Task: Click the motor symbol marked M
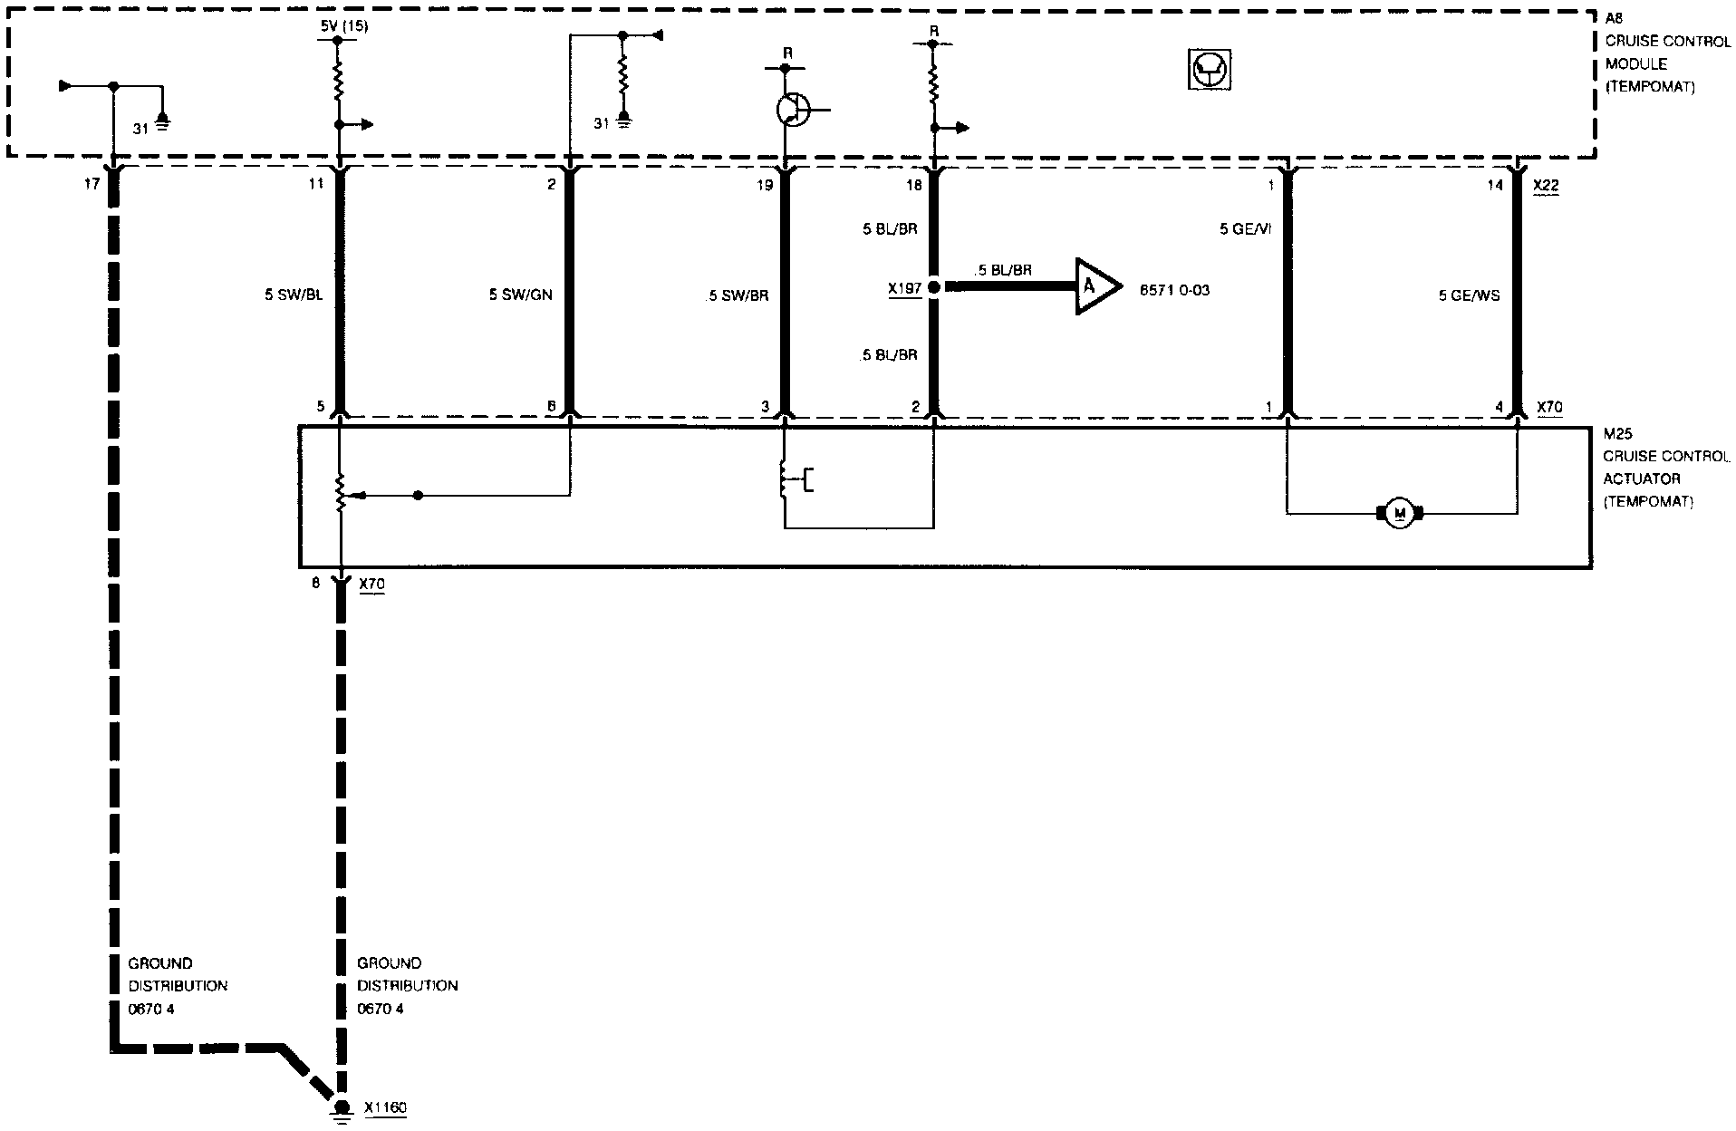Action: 1400,514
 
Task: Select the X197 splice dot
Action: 933,287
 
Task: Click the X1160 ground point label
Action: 386,1107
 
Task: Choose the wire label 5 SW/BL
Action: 294,295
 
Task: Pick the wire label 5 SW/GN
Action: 520,295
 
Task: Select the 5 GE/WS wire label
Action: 1469,295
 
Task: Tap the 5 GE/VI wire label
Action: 1245,230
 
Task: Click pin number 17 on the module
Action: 91,186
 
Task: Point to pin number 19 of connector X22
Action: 765,186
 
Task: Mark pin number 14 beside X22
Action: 1495,186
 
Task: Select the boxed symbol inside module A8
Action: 1208,70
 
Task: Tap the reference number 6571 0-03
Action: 1175,290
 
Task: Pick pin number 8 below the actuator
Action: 316,585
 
